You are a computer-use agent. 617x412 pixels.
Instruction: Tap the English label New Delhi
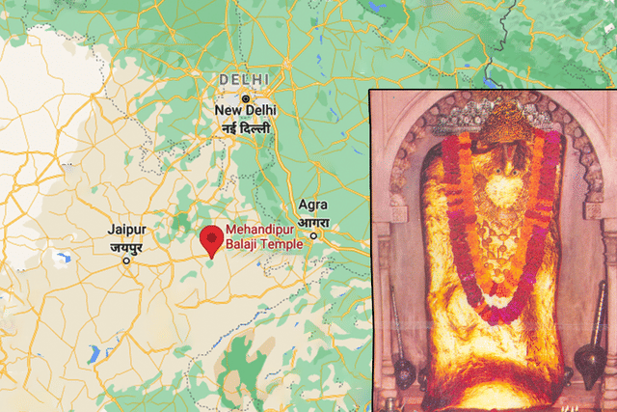(245, 113)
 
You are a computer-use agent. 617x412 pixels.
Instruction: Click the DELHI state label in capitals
(245, 78)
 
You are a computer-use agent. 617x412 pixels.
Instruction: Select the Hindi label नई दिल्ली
(245, 127)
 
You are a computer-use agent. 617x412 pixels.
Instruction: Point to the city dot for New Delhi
(246, 97)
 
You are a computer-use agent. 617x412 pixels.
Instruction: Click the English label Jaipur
(126, 231)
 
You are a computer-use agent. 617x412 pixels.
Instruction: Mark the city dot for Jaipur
(126, 260)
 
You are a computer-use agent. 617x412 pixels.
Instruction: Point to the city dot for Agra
(313, 233)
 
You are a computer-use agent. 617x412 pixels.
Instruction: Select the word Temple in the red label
(283, 245)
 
